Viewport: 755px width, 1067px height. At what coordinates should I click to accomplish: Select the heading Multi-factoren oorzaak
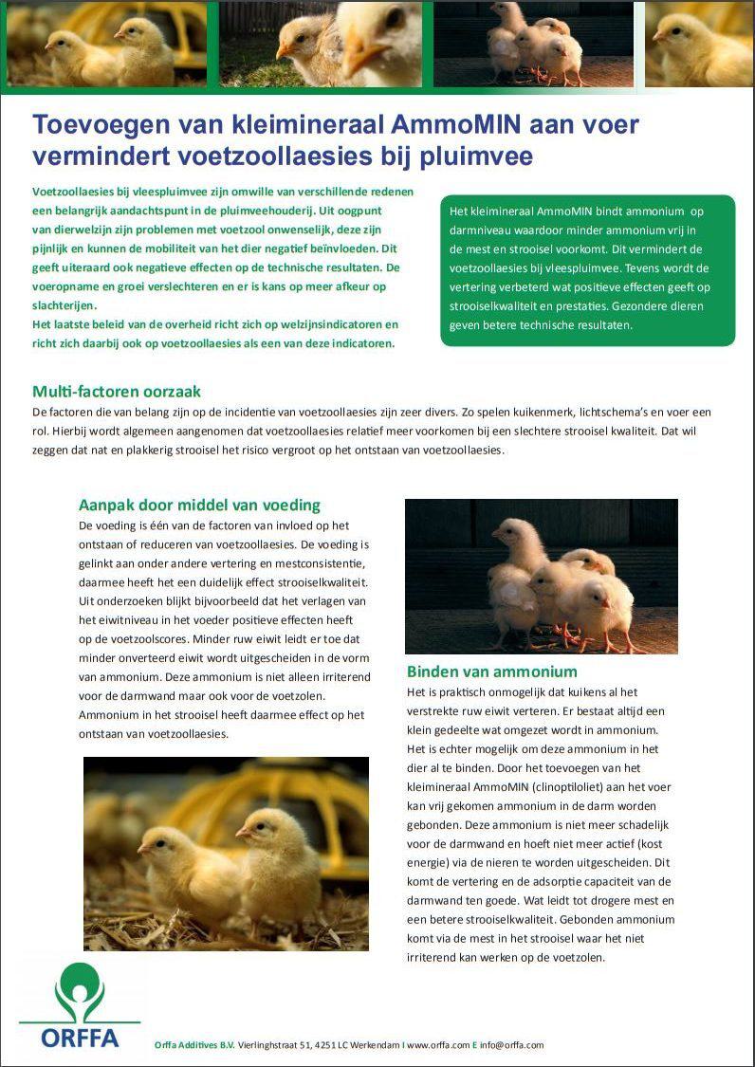(x=117, y=391)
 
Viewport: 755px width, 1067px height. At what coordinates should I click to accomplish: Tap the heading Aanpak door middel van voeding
(x=199, y=505)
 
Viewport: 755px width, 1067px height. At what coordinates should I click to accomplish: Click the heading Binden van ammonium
(x=491, y=671)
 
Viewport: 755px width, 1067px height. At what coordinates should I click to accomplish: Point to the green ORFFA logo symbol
(x=79, y=991)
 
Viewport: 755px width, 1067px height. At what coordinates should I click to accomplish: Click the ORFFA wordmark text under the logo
(x=80, y=1038)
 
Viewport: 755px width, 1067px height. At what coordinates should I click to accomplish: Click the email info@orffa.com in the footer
(x=512, y=1045)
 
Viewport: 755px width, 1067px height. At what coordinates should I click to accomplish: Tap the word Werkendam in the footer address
(x=376, y=1045)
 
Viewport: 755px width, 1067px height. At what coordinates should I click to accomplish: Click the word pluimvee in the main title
(x=481, y=156)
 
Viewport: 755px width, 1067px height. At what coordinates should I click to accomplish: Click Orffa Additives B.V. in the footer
(x=194, y=1045)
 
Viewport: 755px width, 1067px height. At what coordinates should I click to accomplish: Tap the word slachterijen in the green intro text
(x=64, y=305)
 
